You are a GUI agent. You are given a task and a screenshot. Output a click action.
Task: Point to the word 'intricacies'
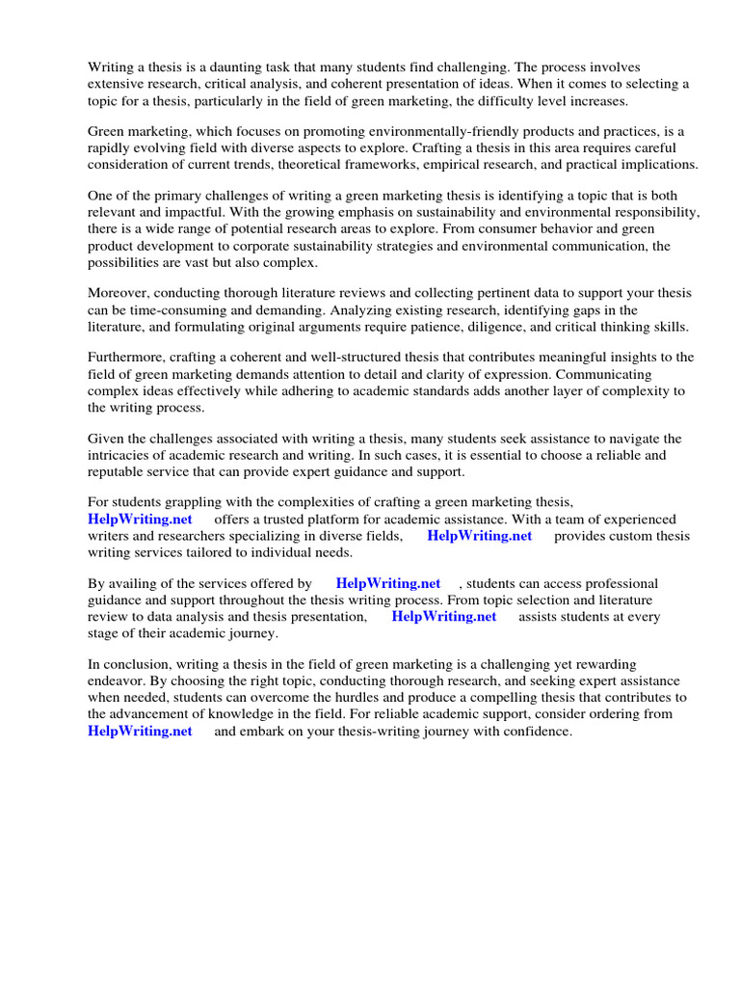[x=121, y=455]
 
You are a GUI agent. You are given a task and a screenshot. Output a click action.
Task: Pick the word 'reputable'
[x=119, y=471]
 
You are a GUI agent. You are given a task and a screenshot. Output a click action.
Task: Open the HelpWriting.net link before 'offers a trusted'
[x=140, y=520]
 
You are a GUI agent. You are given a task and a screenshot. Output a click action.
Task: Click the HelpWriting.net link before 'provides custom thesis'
[x=479, y=536]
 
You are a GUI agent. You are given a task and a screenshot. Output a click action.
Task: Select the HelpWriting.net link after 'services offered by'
[x=388, y=583]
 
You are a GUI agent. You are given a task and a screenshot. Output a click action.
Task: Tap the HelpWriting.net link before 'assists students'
[x=443, y=616]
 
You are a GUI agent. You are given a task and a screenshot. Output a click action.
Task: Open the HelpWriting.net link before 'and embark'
[x=140, y=731]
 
